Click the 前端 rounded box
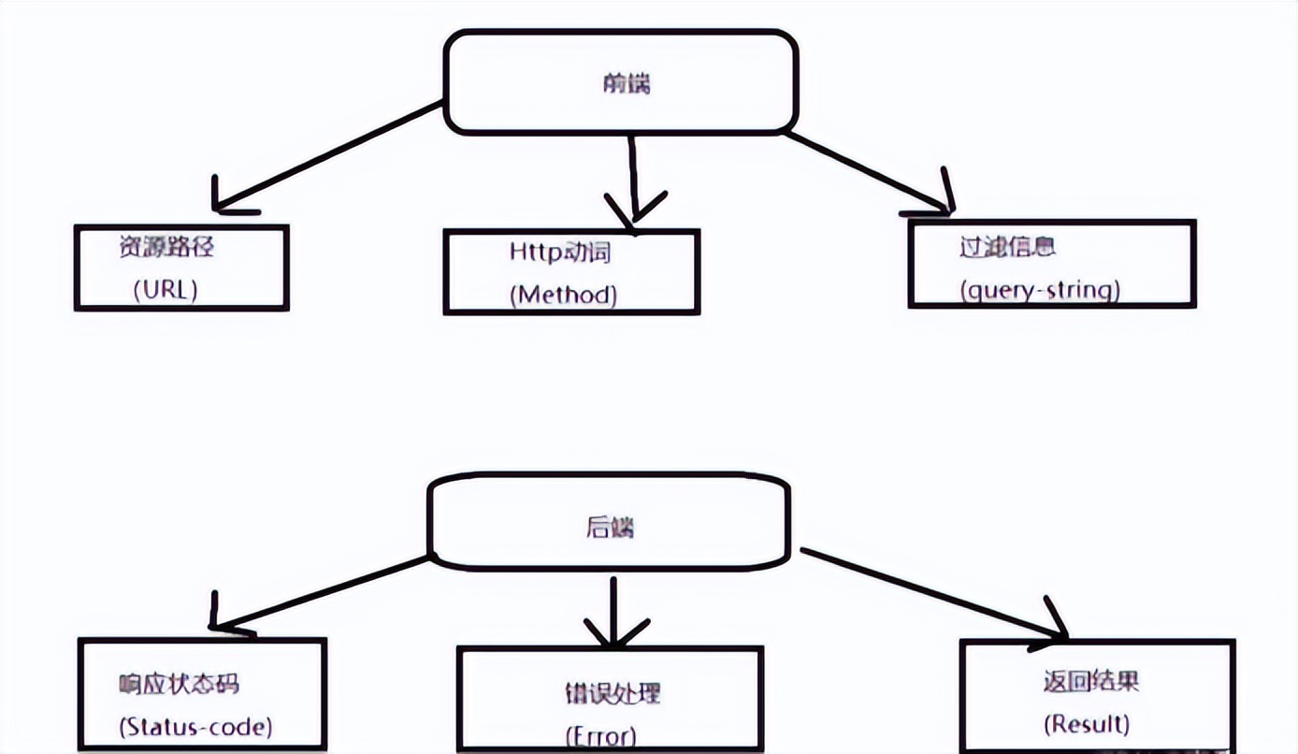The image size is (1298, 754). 621,82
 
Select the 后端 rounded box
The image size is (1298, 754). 609,525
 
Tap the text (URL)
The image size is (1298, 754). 166,289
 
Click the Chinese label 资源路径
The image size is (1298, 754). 166,247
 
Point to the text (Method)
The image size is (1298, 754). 563,295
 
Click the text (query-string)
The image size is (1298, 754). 1039,290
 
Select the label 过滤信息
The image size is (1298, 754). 1007,248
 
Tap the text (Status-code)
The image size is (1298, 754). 195,725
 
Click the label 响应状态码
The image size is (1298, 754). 179,684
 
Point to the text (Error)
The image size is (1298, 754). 600,735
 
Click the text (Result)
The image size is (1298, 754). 1086,723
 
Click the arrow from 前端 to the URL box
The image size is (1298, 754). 327,156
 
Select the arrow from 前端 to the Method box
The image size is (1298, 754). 633,178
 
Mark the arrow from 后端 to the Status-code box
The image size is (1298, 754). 323,593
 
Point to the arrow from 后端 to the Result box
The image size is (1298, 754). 935,595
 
